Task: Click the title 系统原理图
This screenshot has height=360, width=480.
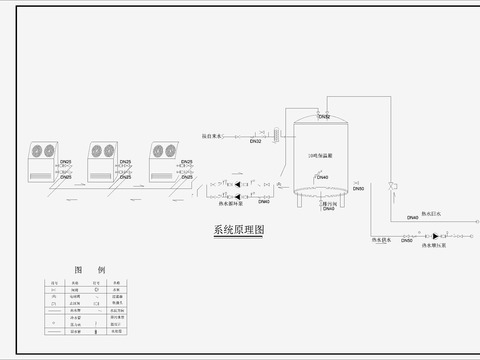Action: [x=239, y=230]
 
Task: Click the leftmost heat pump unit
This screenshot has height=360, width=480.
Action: [x=38, y=159]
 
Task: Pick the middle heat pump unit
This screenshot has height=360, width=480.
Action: [x=101, y=159]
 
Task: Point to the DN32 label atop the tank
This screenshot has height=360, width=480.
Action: [x=324, y=117]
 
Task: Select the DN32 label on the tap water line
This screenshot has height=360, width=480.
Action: [x=255, y=142]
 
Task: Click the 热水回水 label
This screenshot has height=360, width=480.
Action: [x=430, y=213]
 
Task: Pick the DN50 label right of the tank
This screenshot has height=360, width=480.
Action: [x=359, y=188]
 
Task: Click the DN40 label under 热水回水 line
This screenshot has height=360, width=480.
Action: [x=413, y=218]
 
